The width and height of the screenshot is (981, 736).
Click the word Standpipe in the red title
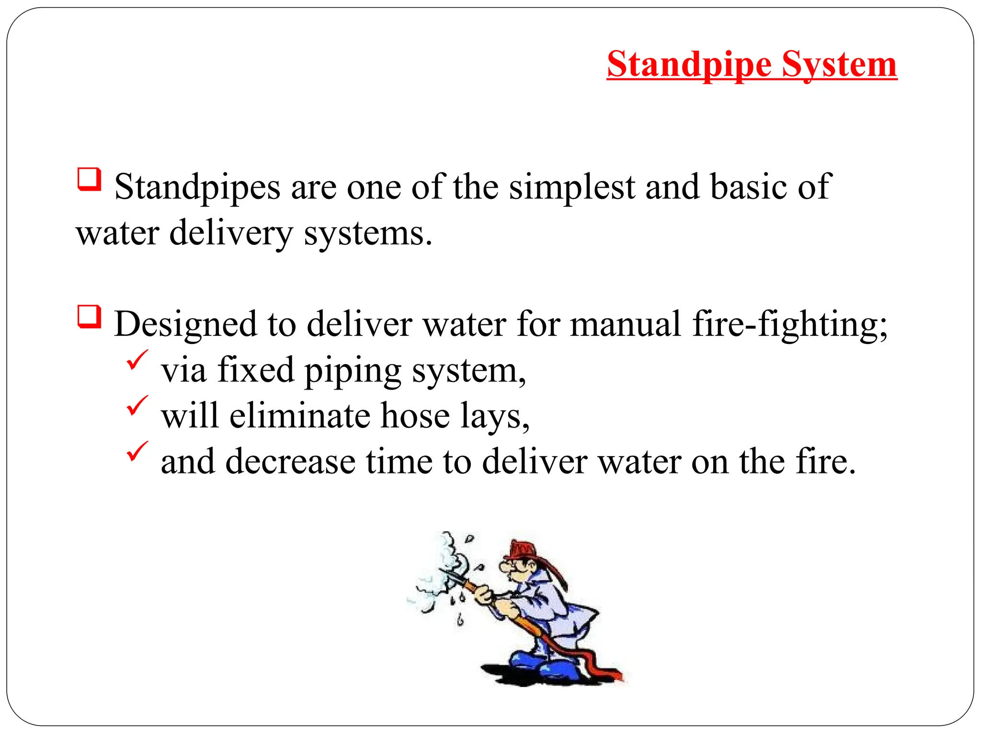click(689, 65)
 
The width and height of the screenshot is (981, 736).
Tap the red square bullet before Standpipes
click(89, 180)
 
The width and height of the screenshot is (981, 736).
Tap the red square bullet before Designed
click(89, 317)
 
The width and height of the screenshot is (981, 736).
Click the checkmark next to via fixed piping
click(137, 360)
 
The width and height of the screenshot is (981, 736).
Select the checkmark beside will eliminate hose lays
click(137, 406)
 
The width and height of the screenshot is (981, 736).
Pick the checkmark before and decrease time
click(137, 452)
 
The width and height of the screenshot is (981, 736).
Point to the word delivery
click(231, 233)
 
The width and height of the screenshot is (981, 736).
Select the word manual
click(626, 324)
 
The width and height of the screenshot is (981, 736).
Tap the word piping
click(353, 371)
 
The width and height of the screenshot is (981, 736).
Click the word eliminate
click(299, 416)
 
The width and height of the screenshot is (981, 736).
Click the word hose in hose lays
click(415, 416)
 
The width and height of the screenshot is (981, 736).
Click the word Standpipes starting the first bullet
click(197, 188)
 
